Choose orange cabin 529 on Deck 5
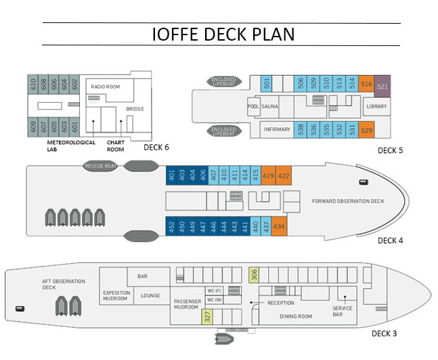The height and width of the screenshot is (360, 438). click(367, 129)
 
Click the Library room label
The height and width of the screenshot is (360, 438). click(376, 106)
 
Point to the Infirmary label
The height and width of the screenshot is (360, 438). click(277, 129)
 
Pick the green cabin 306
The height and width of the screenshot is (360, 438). click(254, 274)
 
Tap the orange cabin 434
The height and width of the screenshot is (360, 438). click(279, 226)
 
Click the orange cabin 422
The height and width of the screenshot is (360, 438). click(284, 175)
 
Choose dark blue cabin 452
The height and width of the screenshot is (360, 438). click(171, 226)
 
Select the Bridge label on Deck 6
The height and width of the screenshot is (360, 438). click(135, 109)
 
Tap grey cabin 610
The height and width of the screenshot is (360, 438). click(33, 84)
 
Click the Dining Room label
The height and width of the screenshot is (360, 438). click(296, 316)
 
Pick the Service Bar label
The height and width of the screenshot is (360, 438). click(342, 310)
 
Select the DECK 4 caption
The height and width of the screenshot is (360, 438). click(390, 240)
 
